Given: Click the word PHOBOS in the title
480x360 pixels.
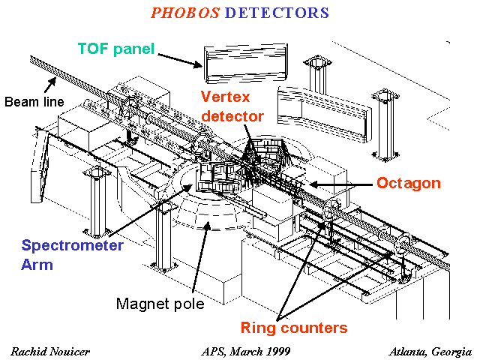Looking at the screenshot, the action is [185, 13].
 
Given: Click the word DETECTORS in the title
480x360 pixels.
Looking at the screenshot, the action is [277, 13].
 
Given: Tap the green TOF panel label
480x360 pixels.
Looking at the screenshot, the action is [116, 49].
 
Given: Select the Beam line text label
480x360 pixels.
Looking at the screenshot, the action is [34, 102].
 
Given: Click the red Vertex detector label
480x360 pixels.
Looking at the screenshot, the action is [232, 106].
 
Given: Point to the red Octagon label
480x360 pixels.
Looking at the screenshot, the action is [409, 183].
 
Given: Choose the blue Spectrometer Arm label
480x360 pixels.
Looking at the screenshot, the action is [72, 255].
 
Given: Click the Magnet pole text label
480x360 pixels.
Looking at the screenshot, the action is [160, 304].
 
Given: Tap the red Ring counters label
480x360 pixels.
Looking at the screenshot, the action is [294, 328].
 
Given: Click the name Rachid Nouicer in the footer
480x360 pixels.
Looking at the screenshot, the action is [50, 352].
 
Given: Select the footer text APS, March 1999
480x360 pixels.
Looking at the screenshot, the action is [246, 352].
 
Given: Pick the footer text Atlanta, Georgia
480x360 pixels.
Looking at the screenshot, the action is [430, 352].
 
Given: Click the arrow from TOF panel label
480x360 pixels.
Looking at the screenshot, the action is [180, 61].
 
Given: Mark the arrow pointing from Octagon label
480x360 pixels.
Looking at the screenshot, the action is [341, 184].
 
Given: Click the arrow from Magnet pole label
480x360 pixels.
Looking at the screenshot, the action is [200, 256].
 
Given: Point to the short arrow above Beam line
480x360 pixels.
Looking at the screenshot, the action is [50, 85].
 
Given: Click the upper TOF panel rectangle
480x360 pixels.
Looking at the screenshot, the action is [245, 64].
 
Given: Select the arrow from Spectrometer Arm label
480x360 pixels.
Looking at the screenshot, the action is [151, 211].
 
